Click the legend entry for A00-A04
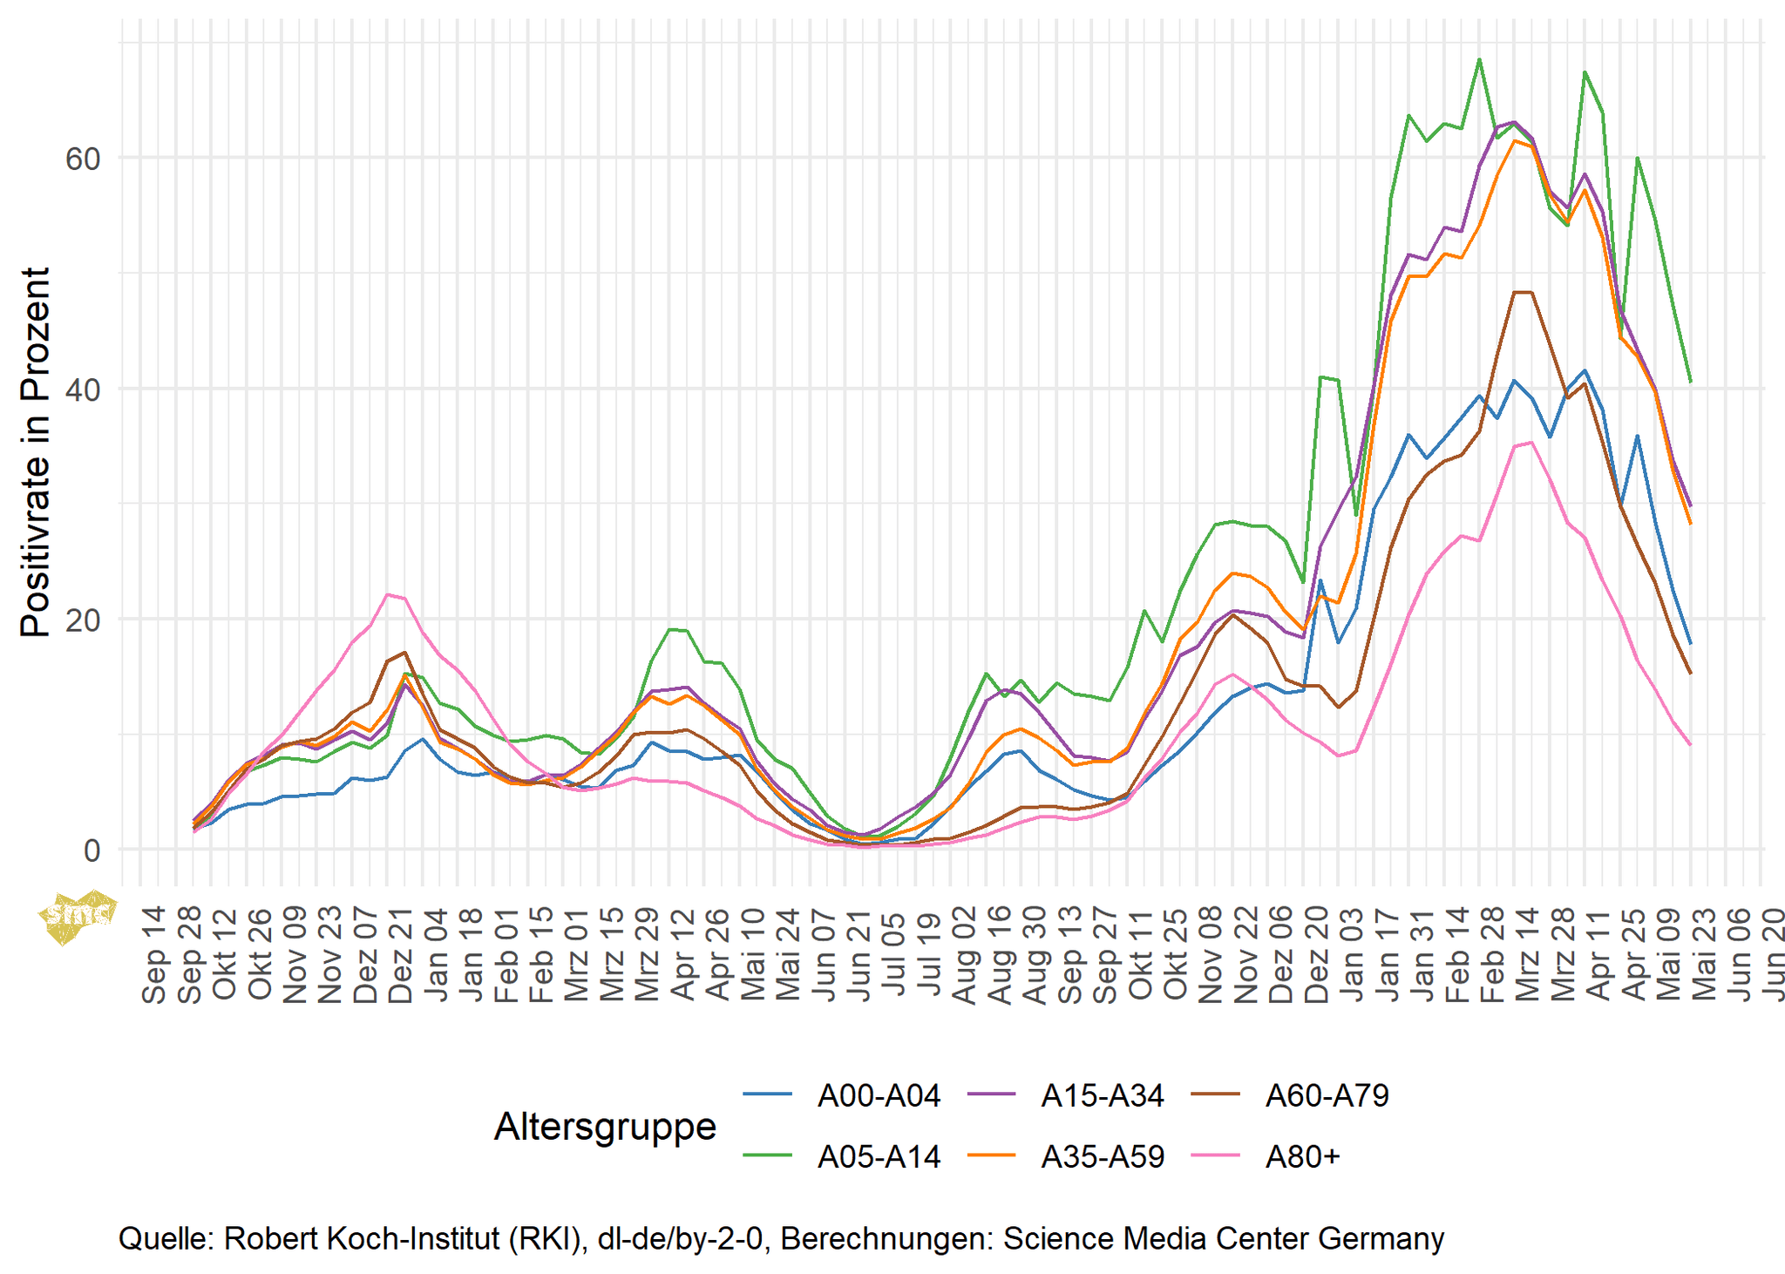pyautogui.click(x=879, y=1095)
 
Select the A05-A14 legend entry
pyautogui.click(x=879, y=1156)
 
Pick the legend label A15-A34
pyautogui.click(x=1103, y=1095)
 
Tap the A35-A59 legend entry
pyautogui.click(x=1103, y=1156)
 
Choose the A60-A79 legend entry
pyautogui.click(x=1327, y=1095)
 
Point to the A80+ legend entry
pyautogui.click(x=1302, y=1156)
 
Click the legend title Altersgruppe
pyautogui.click(x=605, y=1126)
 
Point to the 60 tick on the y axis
pyautogui.click(x=82, y=159)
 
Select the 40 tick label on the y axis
pyautogui.click(x=82, y=389)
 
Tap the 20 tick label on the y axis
pyautogui.click(x=82, y=620)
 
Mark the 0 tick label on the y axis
pyautogui.click(x=92, y=850)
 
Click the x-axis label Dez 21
pyautogui.click(x=400, y=954)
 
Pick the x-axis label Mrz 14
pyautogui.click(x=1528, y=954)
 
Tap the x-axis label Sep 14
pyautogui.click(x=153, y=954)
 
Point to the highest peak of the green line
pyautogui.click(x=1479, y=59)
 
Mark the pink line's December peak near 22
pyautogui.click(x=388, y=594)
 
